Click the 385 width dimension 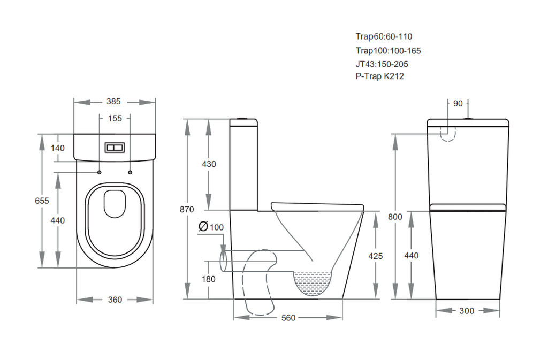click(x=113, y=101)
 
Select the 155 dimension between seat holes click(x=115, y=118)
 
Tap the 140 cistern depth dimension click(x=58, y=148)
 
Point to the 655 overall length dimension click(x=42, y=201)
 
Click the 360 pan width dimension click(x=115, y=300)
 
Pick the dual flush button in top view click(x=115, y=148)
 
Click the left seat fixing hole click(x=99, y=172)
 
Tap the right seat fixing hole click(x=131, y=172)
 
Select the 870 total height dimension click(x=187, y=210)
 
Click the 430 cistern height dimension click(x=209, y=164)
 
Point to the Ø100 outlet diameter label click(x=211, y=227)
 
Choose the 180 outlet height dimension click(x=209, y=279)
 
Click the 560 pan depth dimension click(x=288, y=318)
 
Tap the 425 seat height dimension click(x=376, y=256)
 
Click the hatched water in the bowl click(x=312, y=281)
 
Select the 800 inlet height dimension click(x=395, y=217)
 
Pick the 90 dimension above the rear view click(x=458, y=103)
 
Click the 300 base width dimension click(x=467, y=311)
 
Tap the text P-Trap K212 click(x=380, y=76)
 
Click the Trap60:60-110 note click(x=384, y=36)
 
